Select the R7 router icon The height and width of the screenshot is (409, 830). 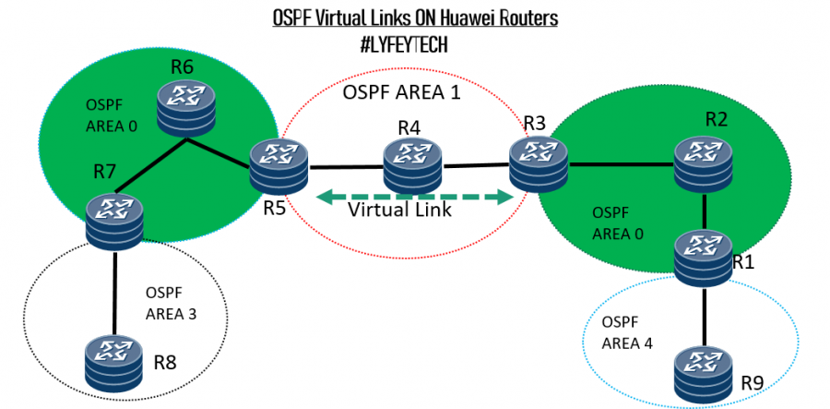[x=113, y=219]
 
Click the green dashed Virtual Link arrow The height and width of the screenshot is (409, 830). [x=414, y=196]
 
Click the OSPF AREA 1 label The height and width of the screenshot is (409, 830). [x=401, y=93]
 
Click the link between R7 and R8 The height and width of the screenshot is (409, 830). [x=114, y=294]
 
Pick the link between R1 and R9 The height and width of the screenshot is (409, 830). [x=705, y=316]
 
